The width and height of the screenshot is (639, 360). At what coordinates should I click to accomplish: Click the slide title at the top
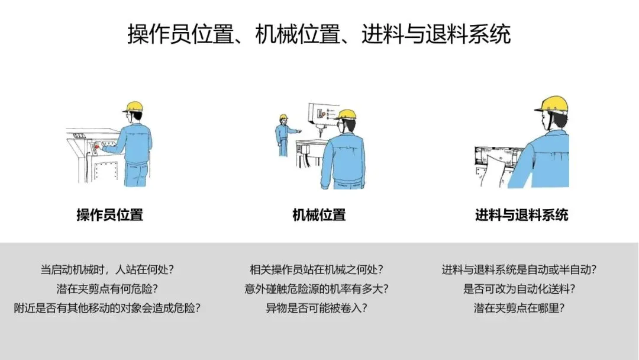(x=319, y=34)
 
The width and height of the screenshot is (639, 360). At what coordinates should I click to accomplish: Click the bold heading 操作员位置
(x=109, y=215)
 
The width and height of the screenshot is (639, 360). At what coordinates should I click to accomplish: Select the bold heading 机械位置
(x=319, y=215)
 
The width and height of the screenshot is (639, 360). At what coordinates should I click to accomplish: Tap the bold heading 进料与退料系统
(x=521, y=215)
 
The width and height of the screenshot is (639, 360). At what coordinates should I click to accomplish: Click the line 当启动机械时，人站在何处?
(x=107, y=269)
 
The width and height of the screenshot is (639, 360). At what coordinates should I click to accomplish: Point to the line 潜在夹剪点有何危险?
(x=107, y=289)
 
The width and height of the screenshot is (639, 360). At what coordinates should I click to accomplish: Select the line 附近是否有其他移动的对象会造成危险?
(x=107, y=308)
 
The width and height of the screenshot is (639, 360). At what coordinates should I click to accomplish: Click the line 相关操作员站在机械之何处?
(x=316, y=269)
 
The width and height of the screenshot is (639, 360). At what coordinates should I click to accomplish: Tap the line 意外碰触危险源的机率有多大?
(x=316, y=289)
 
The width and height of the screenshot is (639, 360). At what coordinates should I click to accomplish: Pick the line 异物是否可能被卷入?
(x=316, y=308)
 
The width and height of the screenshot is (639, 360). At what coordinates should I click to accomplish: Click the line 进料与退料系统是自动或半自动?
(x=519, y=269)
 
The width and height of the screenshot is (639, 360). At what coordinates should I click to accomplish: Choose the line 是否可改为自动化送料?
(x=519, y=289)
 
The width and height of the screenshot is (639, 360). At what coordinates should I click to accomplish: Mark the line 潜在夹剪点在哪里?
(x=519, y=308)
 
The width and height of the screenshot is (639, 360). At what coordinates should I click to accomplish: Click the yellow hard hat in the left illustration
(x=133, y=107)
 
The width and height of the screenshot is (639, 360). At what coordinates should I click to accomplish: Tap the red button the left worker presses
(x=97, y=146)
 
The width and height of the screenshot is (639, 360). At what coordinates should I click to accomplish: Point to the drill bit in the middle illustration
(x=321, y=131)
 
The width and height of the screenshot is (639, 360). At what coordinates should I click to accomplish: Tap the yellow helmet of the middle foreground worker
(x=346, y=114)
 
